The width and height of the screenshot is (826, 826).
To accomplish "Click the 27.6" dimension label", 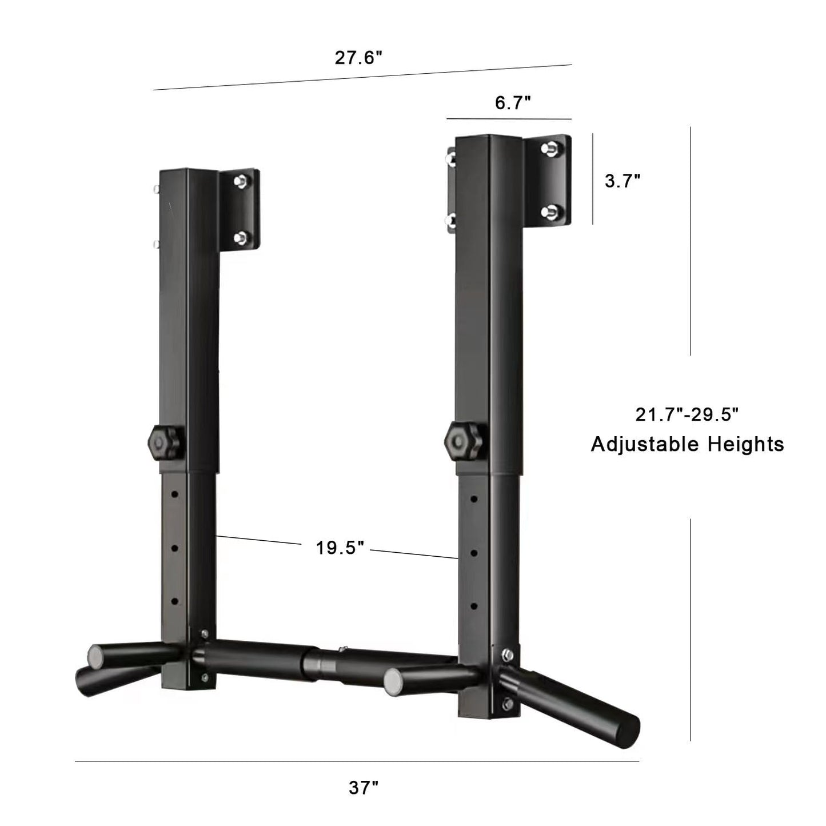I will [x=358, y=58].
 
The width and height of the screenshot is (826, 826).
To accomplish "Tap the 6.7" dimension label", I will [x=513, y=103].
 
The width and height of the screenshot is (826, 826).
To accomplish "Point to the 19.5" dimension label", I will [x=340, y=548].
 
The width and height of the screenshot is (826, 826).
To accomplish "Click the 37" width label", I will [x=364, y=788].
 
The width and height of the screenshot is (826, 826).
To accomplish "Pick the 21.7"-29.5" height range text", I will [x=687, y=414].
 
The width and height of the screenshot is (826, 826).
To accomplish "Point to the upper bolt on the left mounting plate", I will [x=241, y=181].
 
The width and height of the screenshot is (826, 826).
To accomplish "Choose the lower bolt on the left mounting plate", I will [x=241, y=237].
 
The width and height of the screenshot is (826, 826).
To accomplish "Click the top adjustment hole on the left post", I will [x=175, y=493].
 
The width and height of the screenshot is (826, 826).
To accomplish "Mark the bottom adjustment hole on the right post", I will [x=474, y=606].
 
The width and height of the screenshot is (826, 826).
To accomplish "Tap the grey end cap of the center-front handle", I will [x=393, y=681].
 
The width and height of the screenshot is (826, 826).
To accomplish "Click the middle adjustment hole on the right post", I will [x=474, y=553].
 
